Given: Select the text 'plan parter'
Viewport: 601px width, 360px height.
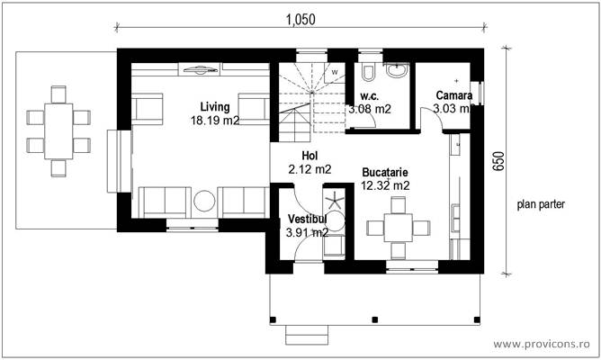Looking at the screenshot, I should [541, 204].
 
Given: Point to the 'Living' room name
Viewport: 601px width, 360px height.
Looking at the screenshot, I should [214, 107].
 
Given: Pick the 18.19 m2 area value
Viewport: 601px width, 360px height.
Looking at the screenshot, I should [214, 120].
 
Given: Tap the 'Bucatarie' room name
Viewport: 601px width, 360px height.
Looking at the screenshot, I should [385, 172].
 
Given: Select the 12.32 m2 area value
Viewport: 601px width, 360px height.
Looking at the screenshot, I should [385, 185].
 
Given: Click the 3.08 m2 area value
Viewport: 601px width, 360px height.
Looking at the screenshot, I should [369, 109].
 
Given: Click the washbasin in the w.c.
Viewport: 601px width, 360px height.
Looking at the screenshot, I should [398, 67].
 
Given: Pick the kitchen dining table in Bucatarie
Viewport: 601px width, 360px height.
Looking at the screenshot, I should [396, 228].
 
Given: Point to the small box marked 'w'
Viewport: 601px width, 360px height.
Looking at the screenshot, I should [334, 70].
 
